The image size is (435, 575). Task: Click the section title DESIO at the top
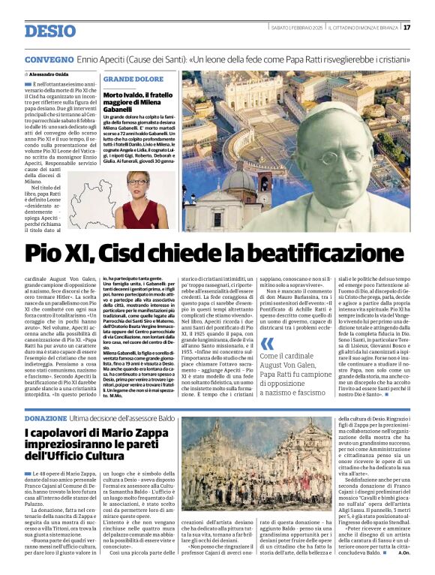pyautogui.click(x=50, y=31)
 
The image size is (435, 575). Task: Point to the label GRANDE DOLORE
pyautogui.click(x=133, y=78)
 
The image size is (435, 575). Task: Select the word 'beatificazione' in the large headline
pyautogui.click(x=324, y=253)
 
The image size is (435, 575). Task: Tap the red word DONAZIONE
pyautogui.click(x=46, y=417)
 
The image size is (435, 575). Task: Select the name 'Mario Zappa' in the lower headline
pyautogui.click(x=126, y=433)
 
